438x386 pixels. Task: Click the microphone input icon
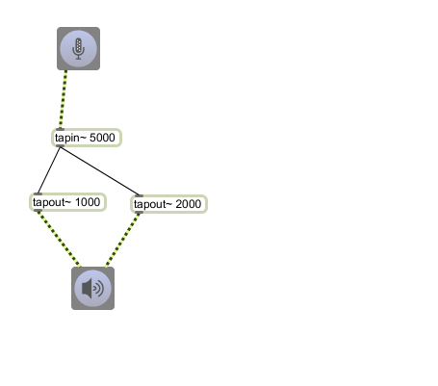[x=78, y=48]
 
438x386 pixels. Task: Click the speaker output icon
[x=92, y=288]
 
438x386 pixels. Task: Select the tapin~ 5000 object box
[x=87, y=138]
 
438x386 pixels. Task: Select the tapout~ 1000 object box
[x=67, y=202]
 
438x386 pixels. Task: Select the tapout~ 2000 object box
[x=168, y=204]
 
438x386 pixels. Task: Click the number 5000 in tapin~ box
[x=102, y=138]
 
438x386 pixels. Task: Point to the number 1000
[x=88, y=202]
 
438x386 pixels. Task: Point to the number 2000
[x=189, y=204]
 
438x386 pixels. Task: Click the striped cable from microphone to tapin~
[x=64, y=99]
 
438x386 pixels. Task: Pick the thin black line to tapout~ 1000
[x=49, y=170]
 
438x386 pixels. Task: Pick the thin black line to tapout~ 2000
[x=99, y=171]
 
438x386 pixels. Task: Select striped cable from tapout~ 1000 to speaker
[x=59, y=239]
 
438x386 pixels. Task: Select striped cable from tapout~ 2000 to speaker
[x=123, y=240]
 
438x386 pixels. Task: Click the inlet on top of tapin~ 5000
[x=60, y=129]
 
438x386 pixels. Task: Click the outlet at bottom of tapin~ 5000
[x=60, y=146]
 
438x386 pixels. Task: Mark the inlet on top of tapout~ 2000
[x=139, y=195]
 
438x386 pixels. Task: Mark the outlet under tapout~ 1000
[x=38, y=211]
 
